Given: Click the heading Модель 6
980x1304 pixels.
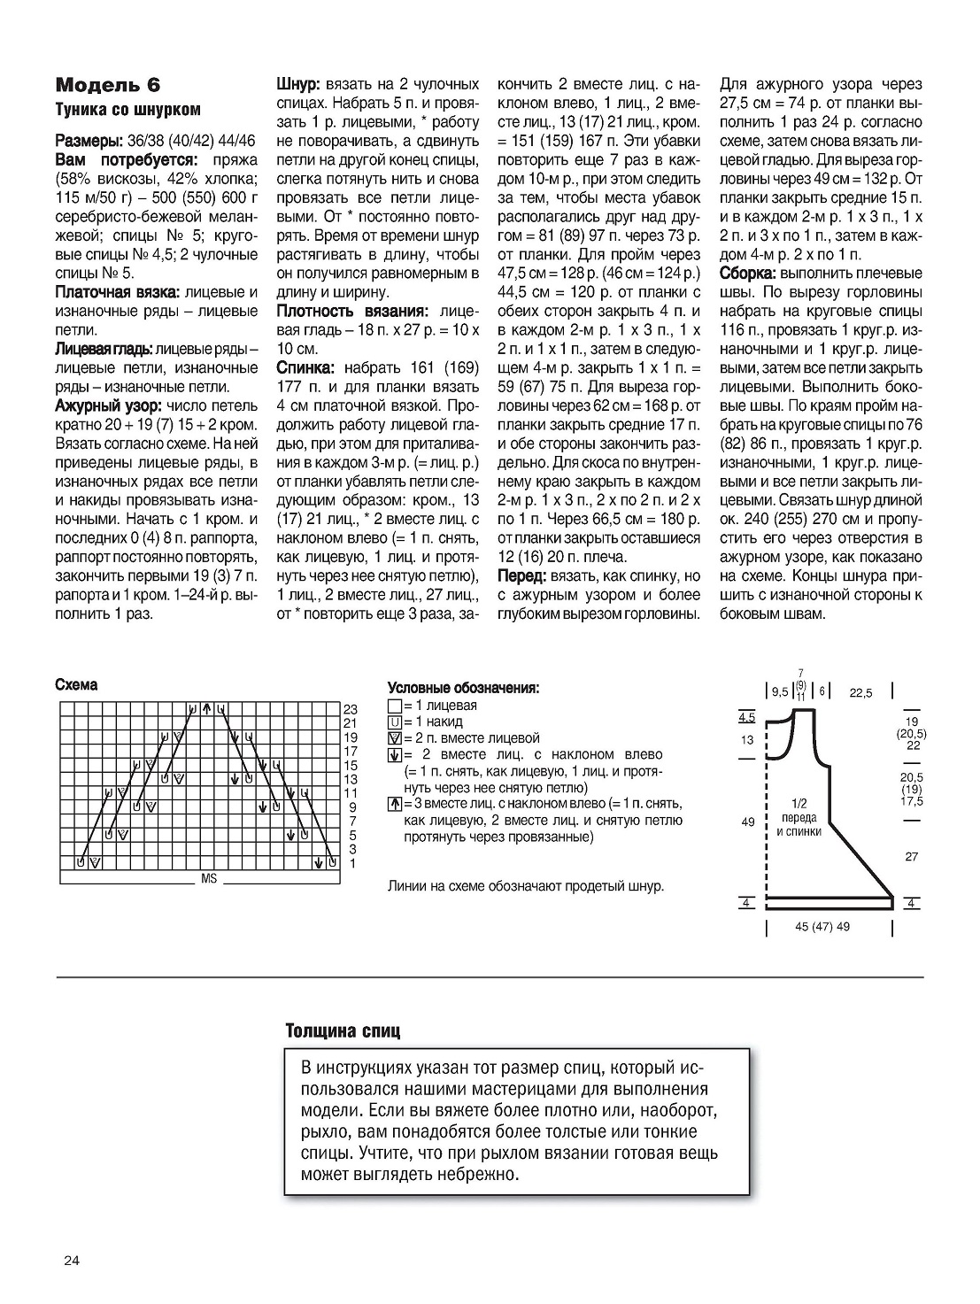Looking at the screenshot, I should [108, 85].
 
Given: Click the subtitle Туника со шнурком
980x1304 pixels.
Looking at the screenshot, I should [127, 110].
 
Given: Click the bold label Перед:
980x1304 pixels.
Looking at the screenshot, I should [522, 576].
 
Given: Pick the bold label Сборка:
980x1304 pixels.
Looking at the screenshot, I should [747, 274].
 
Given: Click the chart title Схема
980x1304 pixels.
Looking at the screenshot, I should [76, 685].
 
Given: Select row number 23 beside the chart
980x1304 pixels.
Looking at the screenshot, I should [350, 710].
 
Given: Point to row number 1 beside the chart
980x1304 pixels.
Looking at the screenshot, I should [352, 863].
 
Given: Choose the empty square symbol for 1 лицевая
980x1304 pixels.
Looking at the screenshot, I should [394, 706].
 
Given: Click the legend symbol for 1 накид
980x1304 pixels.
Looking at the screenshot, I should [394, 722].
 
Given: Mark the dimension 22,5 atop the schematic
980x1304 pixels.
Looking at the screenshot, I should [860, 693].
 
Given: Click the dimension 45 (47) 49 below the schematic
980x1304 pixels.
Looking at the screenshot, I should [822, 927].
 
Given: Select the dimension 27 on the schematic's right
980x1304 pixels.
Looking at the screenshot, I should [912, 856].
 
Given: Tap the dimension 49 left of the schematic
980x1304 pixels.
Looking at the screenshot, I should [747, 822].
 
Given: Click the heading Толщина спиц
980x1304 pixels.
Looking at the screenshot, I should [343, 1031].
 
